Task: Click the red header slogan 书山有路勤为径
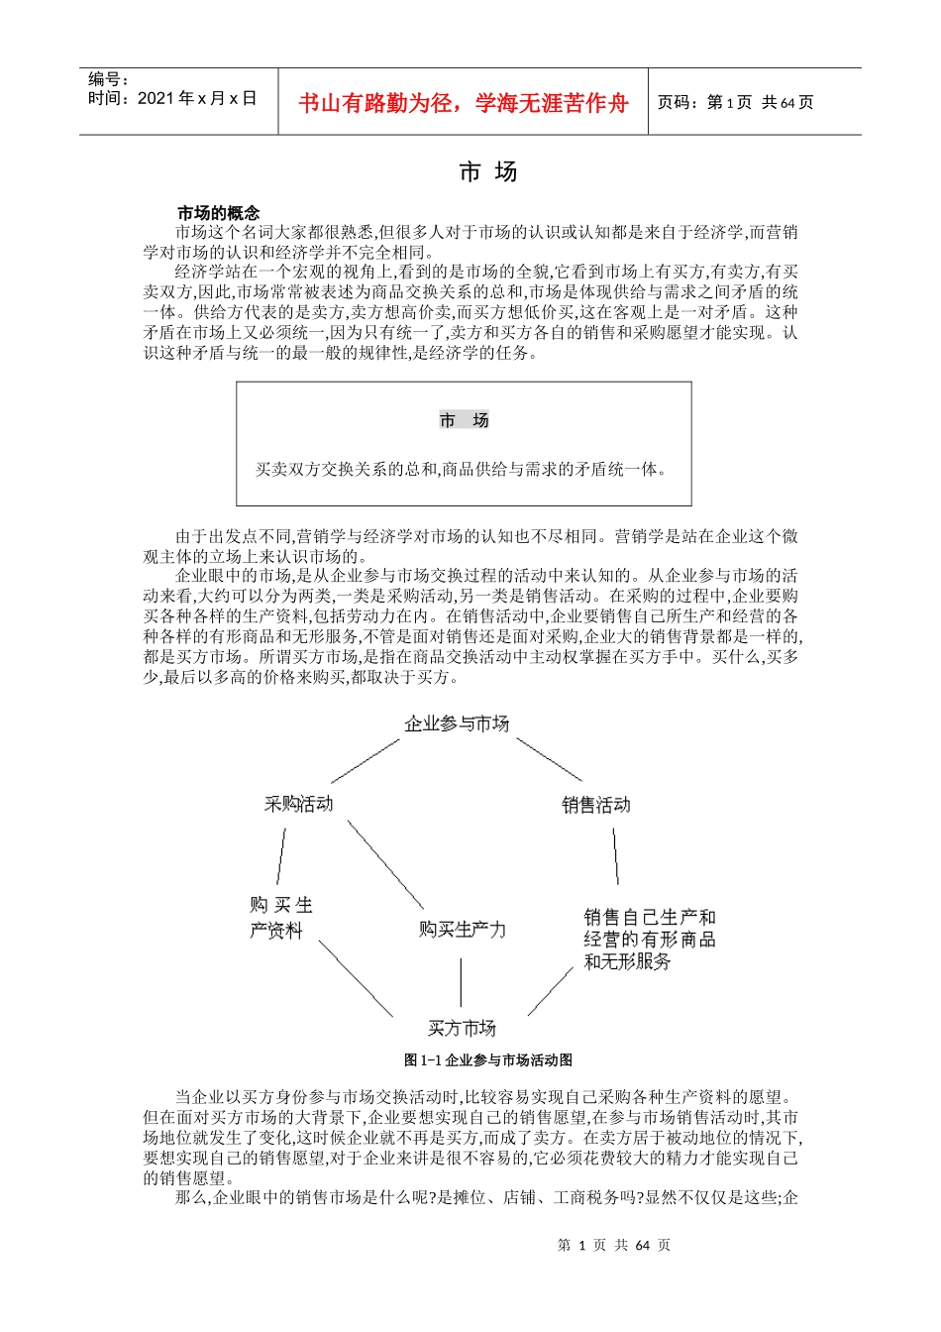[464, 103]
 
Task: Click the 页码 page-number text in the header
[735, 102]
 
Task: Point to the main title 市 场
[488, 172]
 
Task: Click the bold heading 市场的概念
[218, 213]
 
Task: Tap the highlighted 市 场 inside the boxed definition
[464, 421]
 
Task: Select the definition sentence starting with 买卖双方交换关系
[462, 469]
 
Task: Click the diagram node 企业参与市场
[457, 723]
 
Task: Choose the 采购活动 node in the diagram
[298, 804]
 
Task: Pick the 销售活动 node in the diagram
[596, 805]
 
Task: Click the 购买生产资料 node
[279, 918]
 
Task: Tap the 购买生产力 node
[462, 930]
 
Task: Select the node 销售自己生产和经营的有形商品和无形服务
[649, 939]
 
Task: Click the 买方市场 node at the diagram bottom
[462, 1028]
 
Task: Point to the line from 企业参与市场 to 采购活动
[365, 760]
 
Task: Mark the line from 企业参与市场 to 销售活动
[549, 759]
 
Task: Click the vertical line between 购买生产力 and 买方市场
[461, 982]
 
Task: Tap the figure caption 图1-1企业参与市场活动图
[488, 1060]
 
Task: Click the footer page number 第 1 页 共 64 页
[614, 1245]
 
